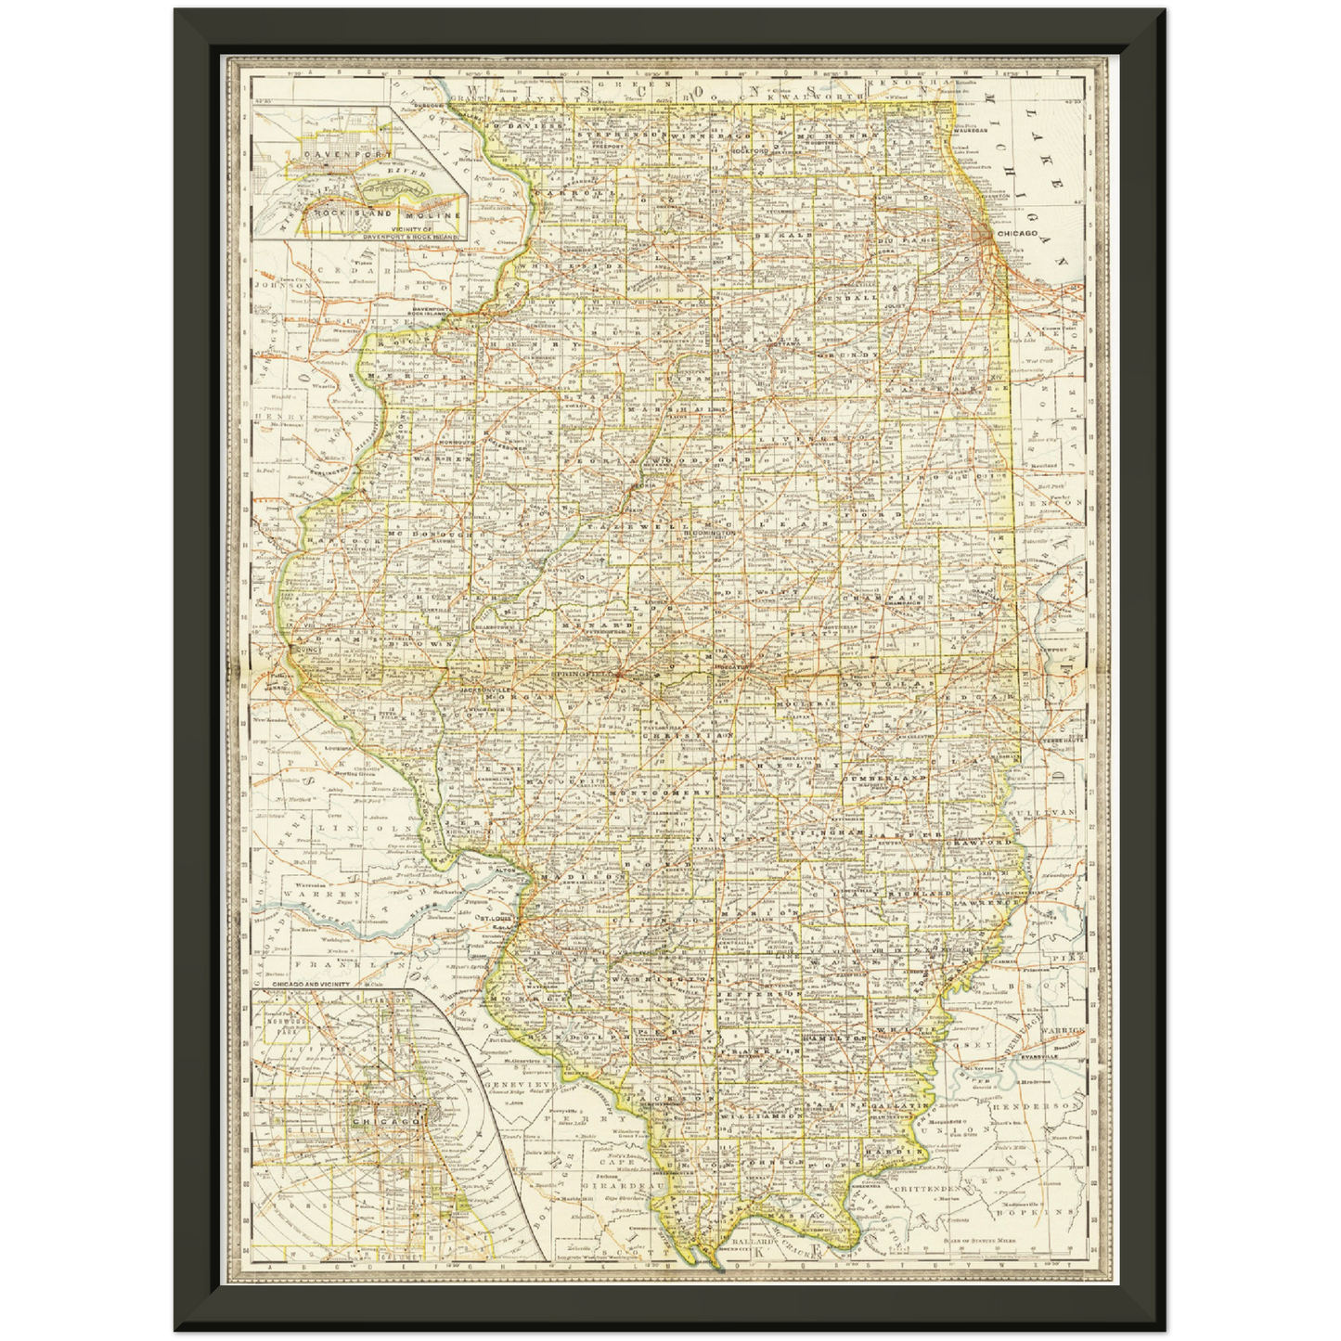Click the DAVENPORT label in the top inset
[x=335, y=151]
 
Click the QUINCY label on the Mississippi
[x=305, y=651]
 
